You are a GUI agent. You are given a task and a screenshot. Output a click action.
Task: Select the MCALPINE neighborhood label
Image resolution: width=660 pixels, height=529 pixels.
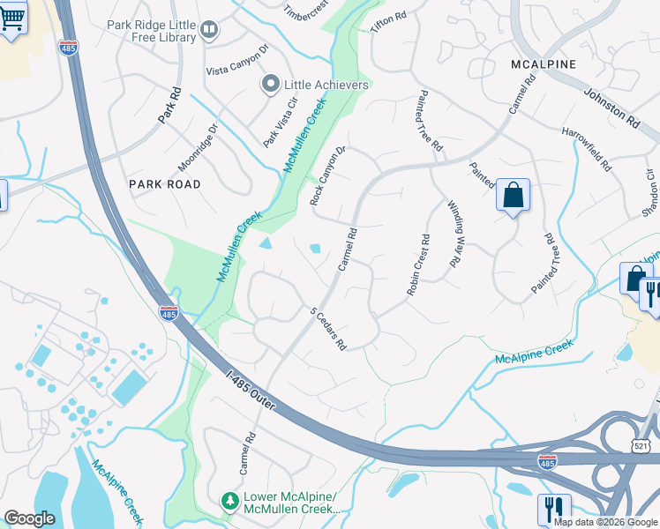pos(544,64)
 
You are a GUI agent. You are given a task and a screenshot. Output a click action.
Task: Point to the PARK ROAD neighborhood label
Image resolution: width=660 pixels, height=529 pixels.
pos(165,184)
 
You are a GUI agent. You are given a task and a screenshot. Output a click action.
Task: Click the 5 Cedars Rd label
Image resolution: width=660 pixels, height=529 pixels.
pos(327,328)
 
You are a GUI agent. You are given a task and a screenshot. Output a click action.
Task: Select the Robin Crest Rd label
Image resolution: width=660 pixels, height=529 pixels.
pos(418,264)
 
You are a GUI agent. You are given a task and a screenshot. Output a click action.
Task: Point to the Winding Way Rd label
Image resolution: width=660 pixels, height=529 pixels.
pos(455,233)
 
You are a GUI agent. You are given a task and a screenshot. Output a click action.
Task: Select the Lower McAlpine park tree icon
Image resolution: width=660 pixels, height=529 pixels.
pos(229,501)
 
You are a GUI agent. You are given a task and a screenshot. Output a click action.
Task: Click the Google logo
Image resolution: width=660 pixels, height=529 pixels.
pos(30,518)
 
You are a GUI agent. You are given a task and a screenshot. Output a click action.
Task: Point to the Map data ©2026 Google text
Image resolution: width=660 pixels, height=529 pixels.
pos(604,522)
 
